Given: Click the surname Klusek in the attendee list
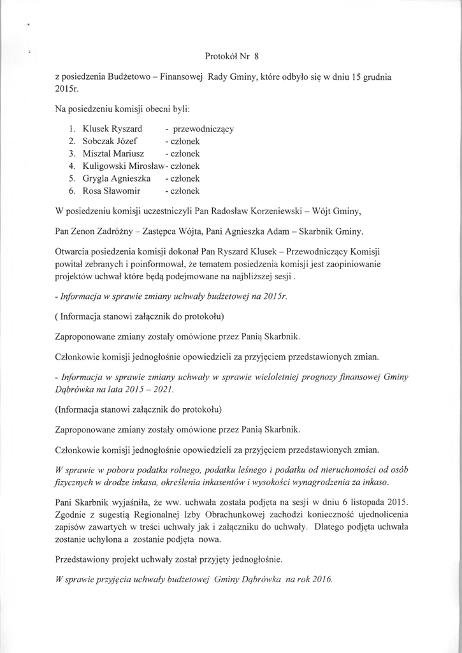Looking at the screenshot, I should (x=96, y=129).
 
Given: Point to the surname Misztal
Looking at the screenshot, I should (x=97, y=154).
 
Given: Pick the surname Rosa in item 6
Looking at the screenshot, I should (x=94, y=191).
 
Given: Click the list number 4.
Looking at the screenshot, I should (x=71, y=166).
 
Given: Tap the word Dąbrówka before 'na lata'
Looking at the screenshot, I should (x=74, y=389).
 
